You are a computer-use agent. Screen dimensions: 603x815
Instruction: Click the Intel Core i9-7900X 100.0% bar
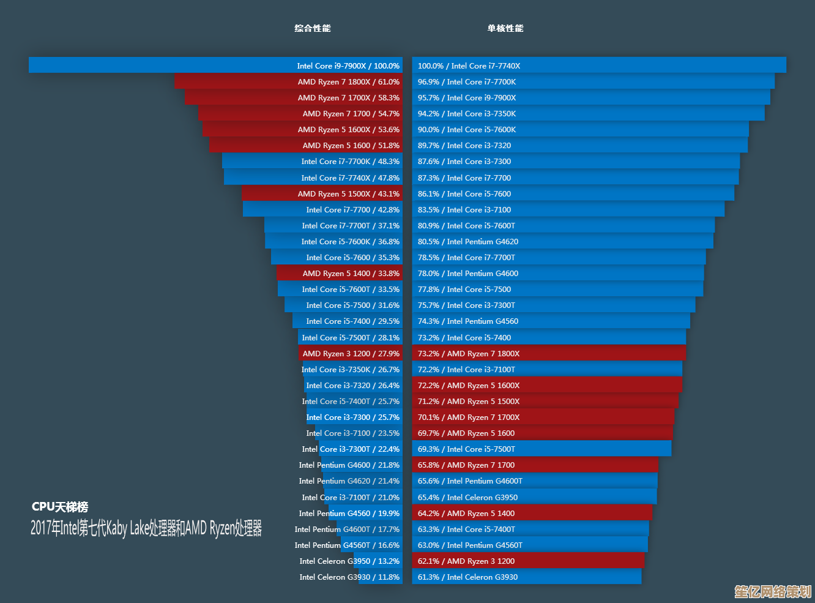point(215,66)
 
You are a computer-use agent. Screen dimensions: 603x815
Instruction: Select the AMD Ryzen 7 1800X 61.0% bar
point(288,81)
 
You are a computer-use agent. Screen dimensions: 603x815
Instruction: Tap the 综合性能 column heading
point(312,28)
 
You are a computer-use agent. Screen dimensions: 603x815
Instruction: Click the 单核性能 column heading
point(505,28)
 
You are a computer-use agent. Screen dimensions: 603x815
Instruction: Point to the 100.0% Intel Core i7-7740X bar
point(599,66)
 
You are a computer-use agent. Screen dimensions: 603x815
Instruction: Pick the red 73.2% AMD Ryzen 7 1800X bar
point(549,353)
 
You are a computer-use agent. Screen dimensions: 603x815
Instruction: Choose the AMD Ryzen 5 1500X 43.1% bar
point(322,193)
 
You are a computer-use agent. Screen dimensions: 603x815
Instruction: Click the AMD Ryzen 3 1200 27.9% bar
point(351,353)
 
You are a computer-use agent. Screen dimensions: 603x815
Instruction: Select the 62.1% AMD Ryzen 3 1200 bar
point(528,561)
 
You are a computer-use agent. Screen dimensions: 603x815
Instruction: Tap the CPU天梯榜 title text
point(60,507)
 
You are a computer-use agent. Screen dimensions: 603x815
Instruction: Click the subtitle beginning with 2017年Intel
point(146,528)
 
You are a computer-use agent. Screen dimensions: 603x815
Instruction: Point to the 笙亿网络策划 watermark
point(773,591)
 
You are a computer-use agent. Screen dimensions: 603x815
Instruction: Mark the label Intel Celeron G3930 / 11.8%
point(349,577)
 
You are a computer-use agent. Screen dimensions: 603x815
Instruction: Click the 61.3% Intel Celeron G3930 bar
point(527,577)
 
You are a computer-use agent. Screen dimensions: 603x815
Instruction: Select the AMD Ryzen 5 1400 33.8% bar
point(339,273)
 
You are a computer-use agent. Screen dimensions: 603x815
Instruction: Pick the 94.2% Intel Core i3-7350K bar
point(588,113)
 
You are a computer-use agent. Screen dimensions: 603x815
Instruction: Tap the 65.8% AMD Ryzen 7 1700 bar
point(535,465)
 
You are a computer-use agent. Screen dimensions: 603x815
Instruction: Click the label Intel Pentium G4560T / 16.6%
point(347,545)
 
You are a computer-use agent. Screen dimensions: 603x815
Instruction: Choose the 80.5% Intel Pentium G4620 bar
point(562,241)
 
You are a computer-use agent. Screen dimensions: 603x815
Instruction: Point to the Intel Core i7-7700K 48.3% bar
point(312,161)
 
